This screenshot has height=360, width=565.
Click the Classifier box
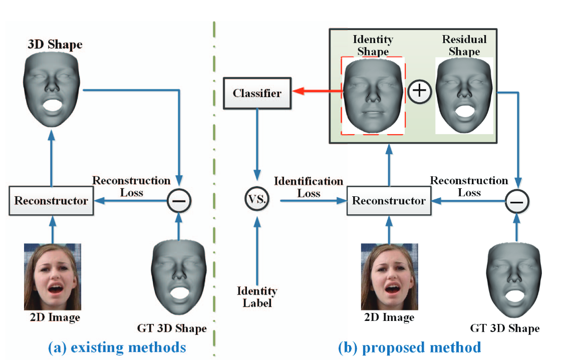pos(257,93)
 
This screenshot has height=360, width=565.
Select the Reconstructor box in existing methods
pos(51,201)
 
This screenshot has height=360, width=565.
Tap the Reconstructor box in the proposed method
pos(389,201)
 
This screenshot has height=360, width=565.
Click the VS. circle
pos(257,200)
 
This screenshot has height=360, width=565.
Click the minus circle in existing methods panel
pos(179,201)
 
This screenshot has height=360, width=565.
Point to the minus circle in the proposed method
pos(517,201)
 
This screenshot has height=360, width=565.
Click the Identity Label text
pos(257,297)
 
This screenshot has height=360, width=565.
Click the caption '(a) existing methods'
pos(117,347)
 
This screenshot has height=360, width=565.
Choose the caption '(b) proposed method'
pos(410,347)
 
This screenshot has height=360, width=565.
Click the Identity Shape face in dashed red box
pos(373,96)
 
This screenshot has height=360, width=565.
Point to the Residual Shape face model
pos(463,96)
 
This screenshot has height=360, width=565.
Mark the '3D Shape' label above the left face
pos(55,45)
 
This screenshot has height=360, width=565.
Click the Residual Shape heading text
pos(464,45)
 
